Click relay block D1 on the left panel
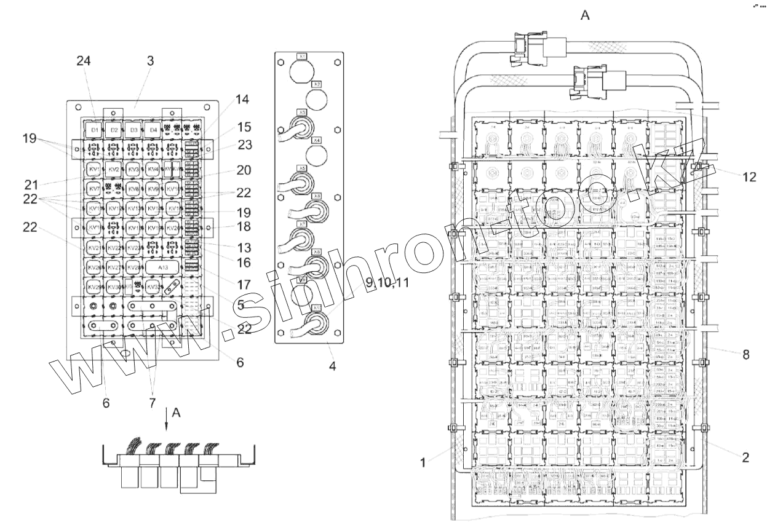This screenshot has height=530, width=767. tap(94, 130)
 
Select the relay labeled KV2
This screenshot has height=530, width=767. tap(113, 169)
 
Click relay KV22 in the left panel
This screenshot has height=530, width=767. tap(113, 248)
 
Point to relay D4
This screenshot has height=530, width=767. tap(154, 130)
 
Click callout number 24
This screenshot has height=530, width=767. tap(84, 60)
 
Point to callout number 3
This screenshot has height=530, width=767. tap(150, 60)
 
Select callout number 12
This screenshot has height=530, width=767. tap(749, 177)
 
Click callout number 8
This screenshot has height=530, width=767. tap(746, 354)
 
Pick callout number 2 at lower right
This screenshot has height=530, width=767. tap(746, 457)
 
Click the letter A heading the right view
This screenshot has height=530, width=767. tap(585, 15)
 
